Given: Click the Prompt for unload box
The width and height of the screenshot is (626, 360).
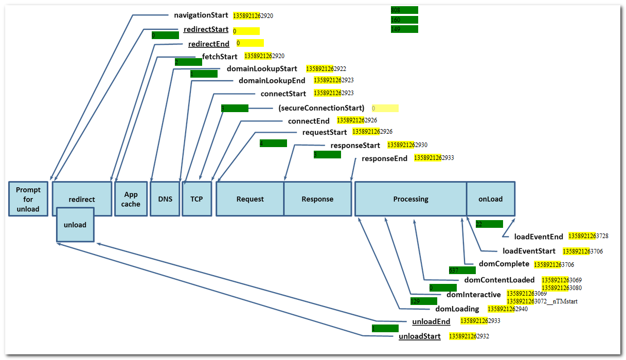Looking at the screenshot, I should [28, 199].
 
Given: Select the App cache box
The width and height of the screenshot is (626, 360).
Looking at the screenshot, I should [131, 199].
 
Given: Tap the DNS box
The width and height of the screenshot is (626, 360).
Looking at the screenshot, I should [165, 199].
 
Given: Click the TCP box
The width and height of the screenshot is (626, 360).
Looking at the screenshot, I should [196, 199].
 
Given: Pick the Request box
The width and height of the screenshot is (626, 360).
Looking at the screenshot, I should [250, 199].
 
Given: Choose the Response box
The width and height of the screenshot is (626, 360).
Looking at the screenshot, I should [317, 199].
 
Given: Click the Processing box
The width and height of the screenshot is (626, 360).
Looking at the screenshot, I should [410, 199].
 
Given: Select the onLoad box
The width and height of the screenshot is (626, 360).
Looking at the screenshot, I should [490, 199].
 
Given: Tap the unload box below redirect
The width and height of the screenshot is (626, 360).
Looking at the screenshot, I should [75, 225].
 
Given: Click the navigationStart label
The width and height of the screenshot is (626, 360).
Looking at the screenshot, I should [201, 15].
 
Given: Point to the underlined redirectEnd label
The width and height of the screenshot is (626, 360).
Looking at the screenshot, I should [209, 44].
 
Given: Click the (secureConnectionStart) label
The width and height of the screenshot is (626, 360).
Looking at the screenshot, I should [321, 108].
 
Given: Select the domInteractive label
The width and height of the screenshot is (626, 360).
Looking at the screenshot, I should [473, 295].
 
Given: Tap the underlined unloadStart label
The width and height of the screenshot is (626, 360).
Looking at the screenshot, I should [420, 337].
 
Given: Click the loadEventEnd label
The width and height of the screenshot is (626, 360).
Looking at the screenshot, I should [539, 237].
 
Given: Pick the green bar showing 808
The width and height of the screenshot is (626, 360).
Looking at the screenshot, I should [404, 10].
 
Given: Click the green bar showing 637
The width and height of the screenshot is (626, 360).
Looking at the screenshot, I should [462, 270].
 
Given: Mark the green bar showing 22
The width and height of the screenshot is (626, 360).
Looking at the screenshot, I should [489, 224].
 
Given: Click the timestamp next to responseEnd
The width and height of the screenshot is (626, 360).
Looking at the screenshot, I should [434, 158].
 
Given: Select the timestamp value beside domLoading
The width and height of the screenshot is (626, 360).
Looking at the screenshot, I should [507, 309].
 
